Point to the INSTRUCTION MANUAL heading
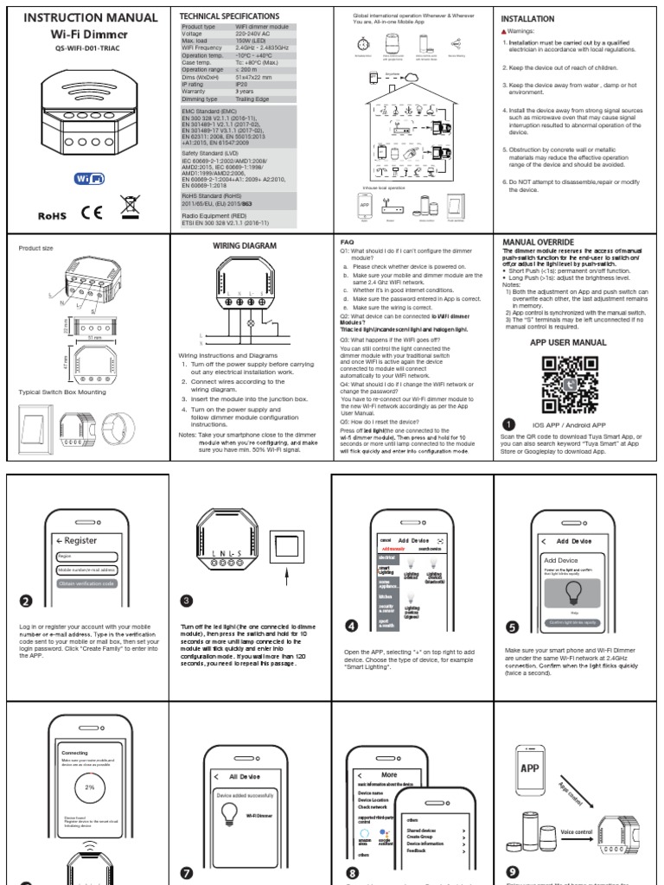click(90, 17)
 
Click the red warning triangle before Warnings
click(505, 35)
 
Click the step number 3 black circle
click(186, 601)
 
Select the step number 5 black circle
click(512, 627)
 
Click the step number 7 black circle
click(186, 873)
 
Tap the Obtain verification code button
click(87, 583)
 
